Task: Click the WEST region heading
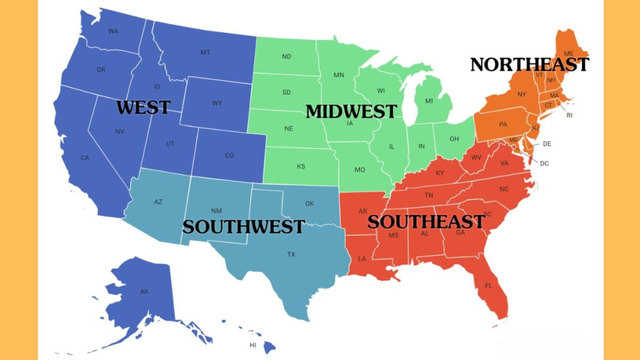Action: [x=143, y=107]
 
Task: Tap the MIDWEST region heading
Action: [x=351, y=111]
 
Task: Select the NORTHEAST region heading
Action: [x=529, y=64]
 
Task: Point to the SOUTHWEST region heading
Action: [x=243, y=226]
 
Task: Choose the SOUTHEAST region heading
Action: [x=426, y=221]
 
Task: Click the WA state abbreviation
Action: [x=113, y=31]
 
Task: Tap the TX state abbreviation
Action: [x=291, y=254]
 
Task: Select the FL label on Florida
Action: [x=488, y=286]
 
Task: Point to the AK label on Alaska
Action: [x=144, y=291]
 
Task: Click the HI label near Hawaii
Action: [x=253, y=345]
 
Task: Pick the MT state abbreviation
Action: [x=205, y=52]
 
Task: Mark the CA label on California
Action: [x=85, y=157]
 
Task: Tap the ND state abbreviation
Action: [x=286, y=57]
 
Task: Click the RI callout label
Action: [x=569, y=116]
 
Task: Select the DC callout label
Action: [x=544, y=164]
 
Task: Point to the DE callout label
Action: [x=547, y=144]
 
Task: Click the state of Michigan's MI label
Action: [x=429, y=101]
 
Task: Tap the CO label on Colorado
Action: [x=229, y=155]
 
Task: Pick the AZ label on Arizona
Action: [x=158, y=202]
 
